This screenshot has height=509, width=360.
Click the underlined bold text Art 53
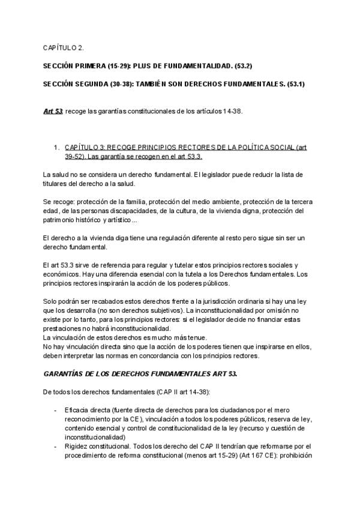coord(53,112)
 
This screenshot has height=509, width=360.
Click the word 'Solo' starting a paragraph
coord(50,300)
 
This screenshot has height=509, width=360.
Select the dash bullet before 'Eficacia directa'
coord(55,410)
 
